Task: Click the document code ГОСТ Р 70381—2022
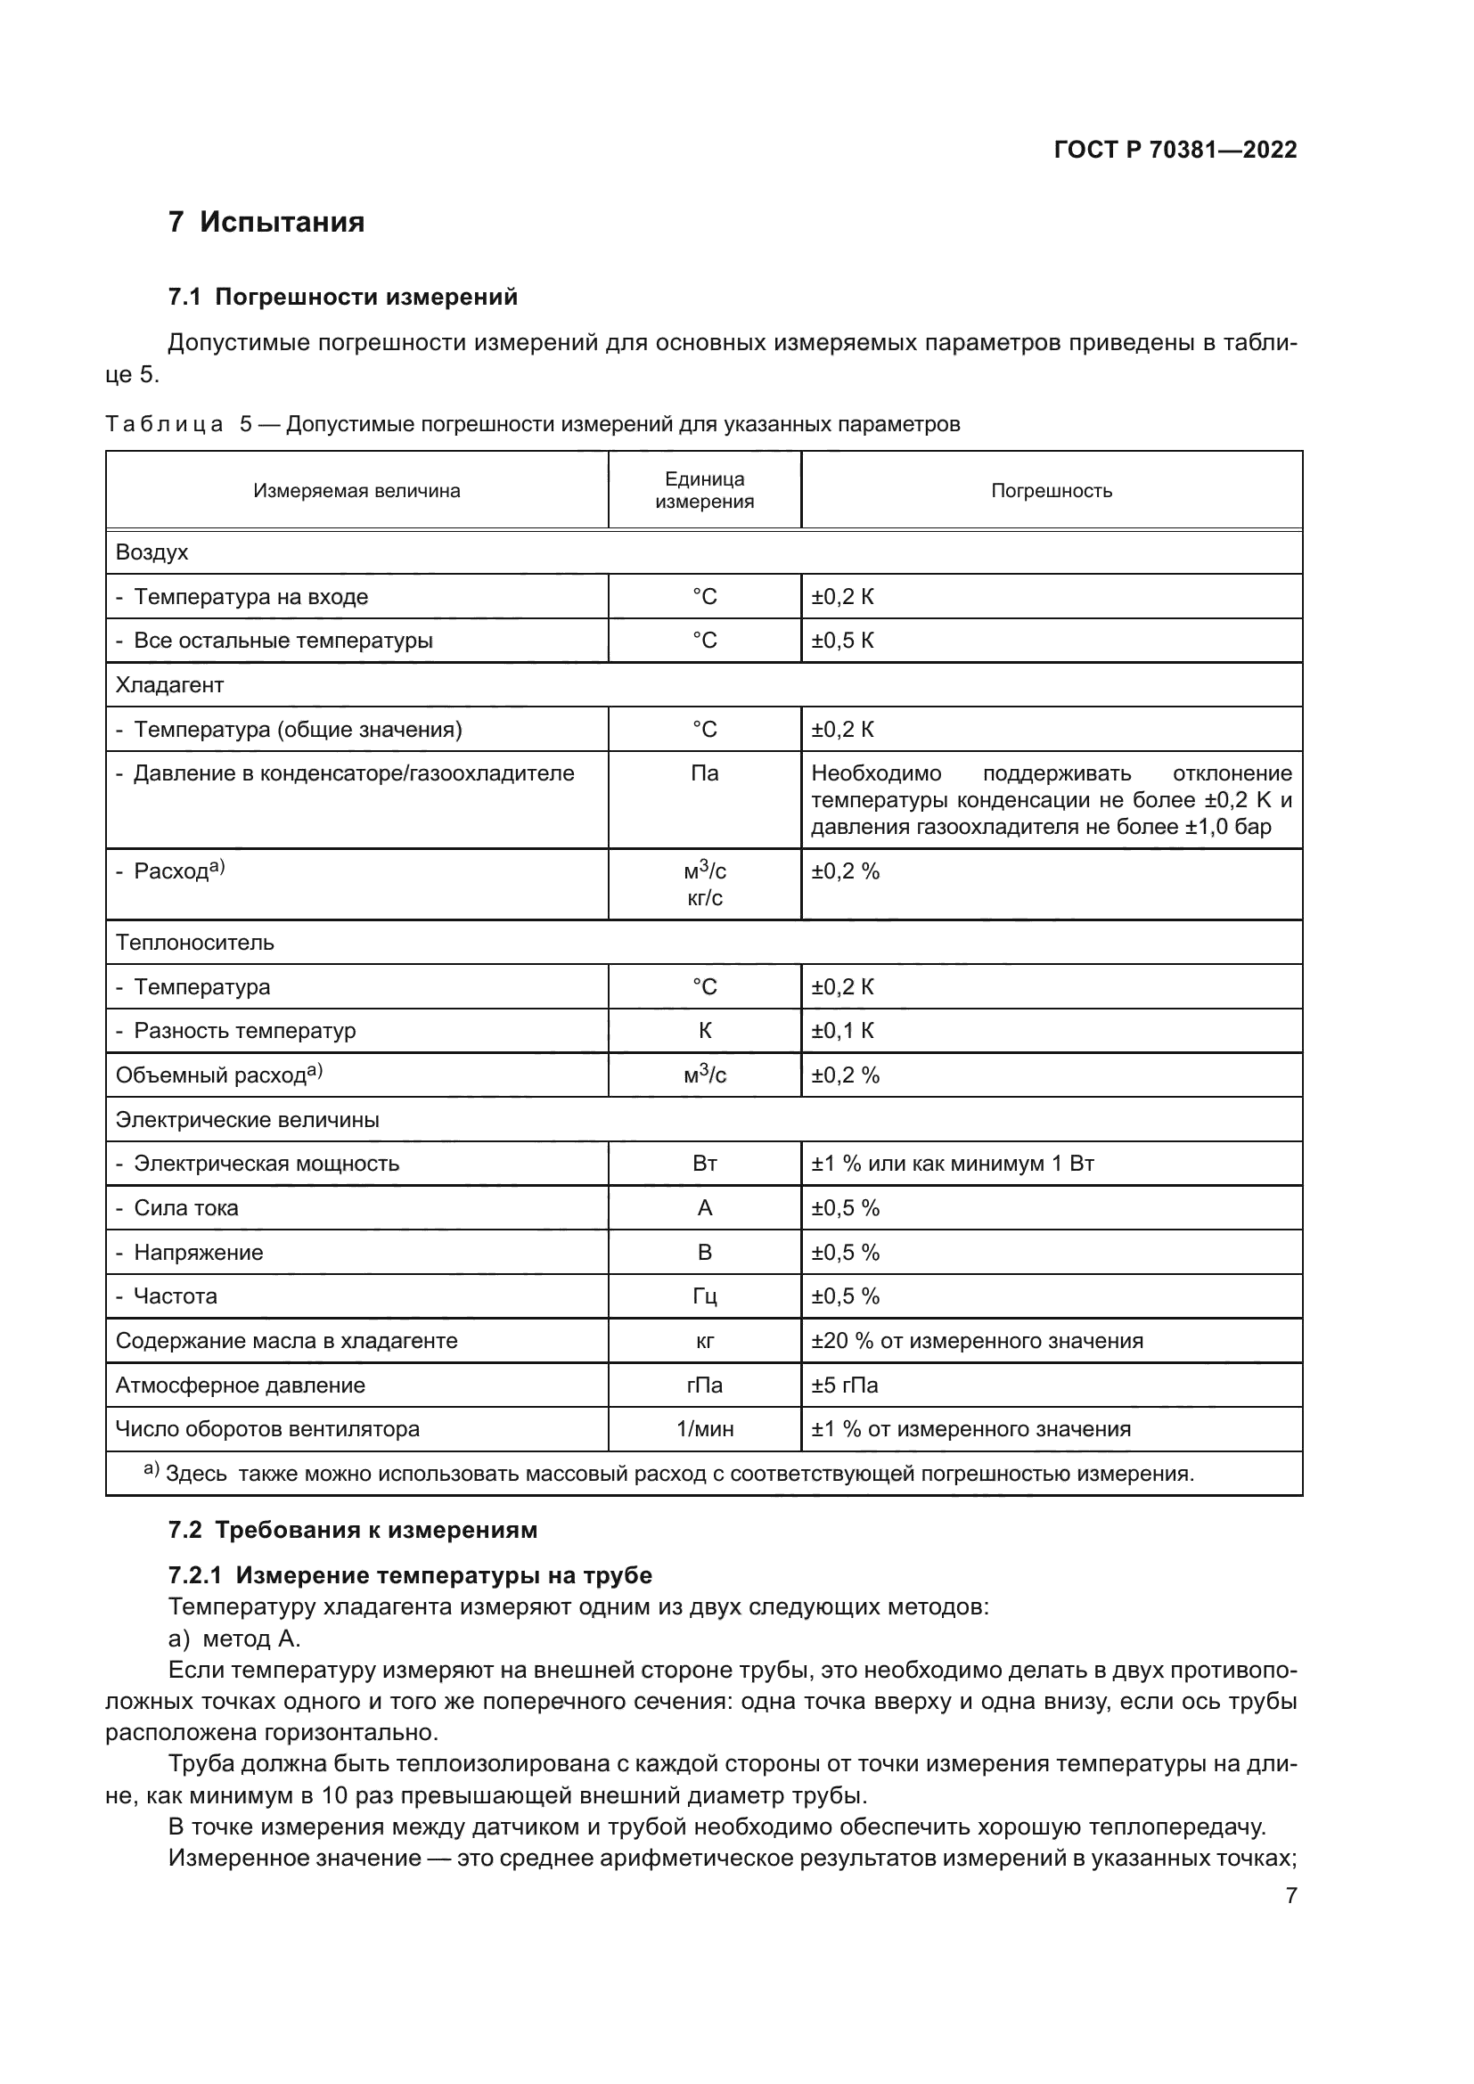coord(1175,150)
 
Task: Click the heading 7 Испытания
coord(266,223)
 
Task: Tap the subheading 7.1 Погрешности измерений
coord(342,297)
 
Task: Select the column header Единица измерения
coord(704,490)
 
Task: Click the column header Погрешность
coord(1051,491)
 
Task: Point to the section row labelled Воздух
coord(152,552)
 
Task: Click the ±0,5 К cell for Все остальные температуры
coord(842,641)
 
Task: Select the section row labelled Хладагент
coord(169,685)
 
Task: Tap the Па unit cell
coord(704,773)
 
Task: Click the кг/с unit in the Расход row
coord(704,898)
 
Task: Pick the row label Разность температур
coord(244,1031)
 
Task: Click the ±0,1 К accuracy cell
coord(842,1031)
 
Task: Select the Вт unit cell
coord(704,1164)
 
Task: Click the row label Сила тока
coord(186,1208)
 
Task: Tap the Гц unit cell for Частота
coord(704,1296)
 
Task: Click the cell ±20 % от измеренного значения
coord(977,1341)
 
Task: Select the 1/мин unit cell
coord(704,1429)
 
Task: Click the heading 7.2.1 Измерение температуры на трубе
coord(410,1574)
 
